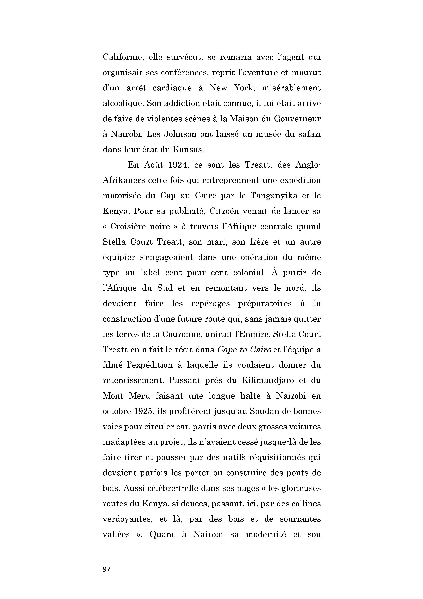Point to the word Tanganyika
(273, 196)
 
